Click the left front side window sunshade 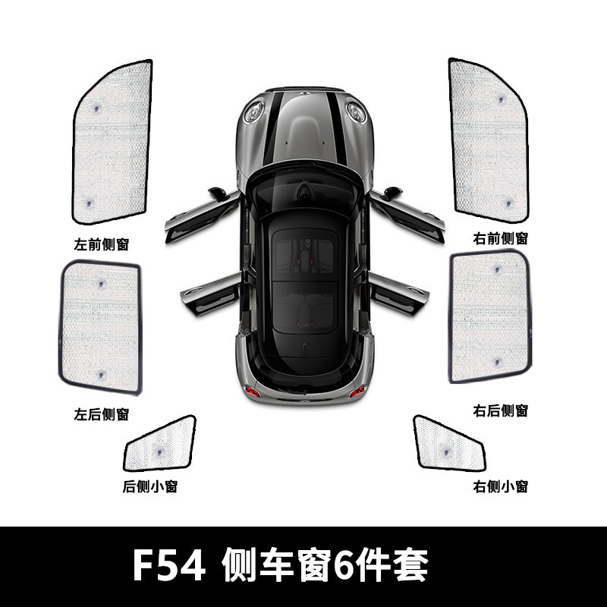pos(112,142)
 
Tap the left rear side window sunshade pos(102,326)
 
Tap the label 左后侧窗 pos(102,414)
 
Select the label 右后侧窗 pos(500,410)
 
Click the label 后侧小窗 pos(150,486)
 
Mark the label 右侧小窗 pos(500,486)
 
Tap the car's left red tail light pos(253,392)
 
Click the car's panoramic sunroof pos(303,281)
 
